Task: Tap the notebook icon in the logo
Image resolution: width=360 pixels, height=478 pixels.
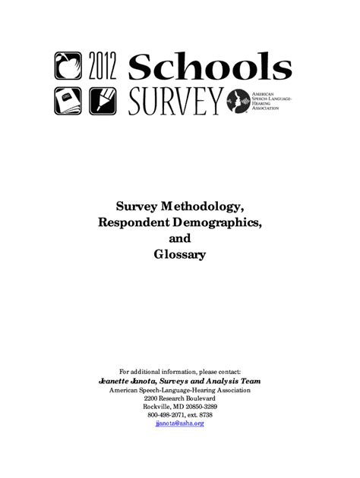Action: tap(66, 99)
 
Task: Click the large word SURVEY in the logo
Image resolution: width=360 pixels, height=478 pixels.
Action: tap(175, 99)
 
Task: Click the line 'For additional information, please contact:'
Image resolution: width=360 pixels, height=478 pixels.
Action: tap(179, 371)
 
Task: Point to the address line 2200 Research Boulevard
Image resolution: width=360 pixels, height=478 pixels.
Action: tap(179, 398)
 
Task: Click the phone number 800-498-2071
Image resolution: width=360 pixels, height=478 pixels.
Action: tap(166, 414)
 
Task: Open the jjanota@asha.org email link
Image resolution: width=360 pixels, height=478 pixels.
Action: tap(179, 423)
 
